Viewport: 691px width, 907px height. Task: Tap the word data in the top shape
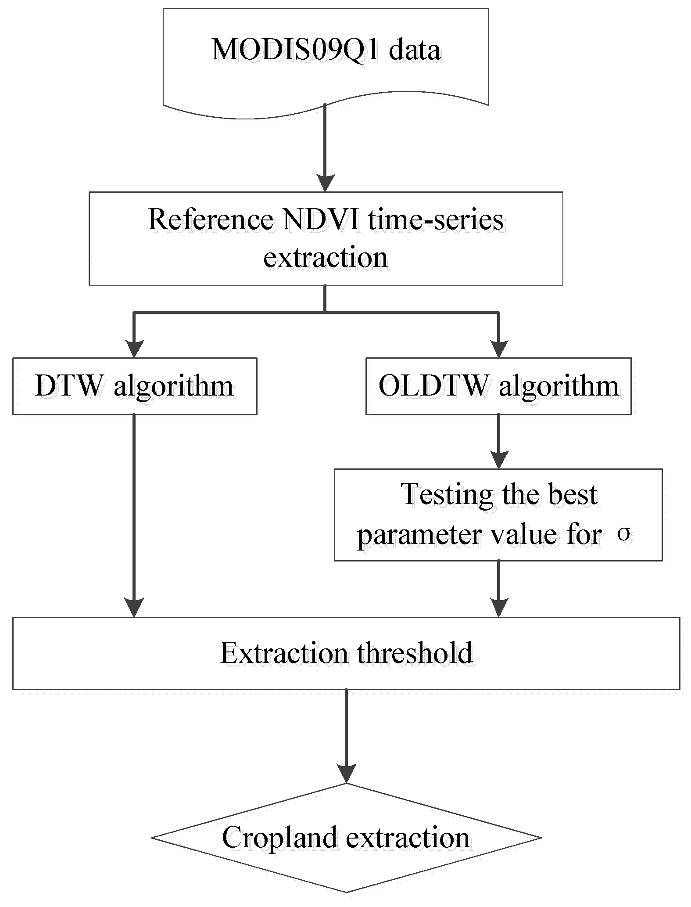(415, 50)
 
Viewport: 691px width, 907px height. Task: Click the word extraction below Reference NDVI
(326, 257)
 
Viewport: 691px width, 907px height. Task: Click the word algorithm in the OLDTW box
(559, 386)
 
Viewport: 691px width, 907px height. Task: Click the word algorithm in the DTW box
(173, 386)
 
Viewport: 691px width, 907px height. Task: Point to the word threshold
(415, 653)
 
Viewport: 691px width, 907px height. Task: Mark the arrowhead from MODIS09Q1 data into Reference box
(325, 183)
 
